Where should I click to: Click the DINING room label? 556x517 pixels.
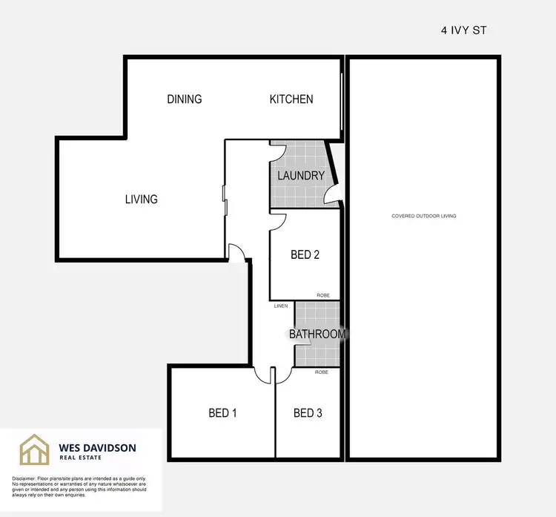point(185,99)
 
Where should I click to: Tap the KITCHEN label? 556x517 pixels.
point(291,99)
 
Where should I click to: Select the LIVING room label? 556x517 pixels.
point(141,199)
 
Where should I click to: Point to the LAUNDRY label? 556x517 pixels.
point(301,176)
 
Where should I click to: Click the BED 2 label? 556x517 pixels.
point(305,255)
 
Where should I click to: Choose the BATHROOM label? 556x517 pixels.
point(317,334)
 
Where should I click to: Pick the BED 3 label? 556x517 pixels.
point(308,413)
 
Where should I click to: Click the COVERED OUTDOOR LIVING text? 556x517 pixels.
point(424,216)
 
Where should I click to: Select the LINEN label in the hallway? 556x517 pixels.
point(281,306)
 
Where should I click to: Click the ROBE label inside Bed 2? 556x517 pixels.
point(323,295)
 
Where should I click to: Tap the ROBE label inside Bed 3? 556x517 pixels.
point(322,372)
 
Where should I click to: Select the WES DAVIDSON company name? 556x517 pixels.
point(97,447)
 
